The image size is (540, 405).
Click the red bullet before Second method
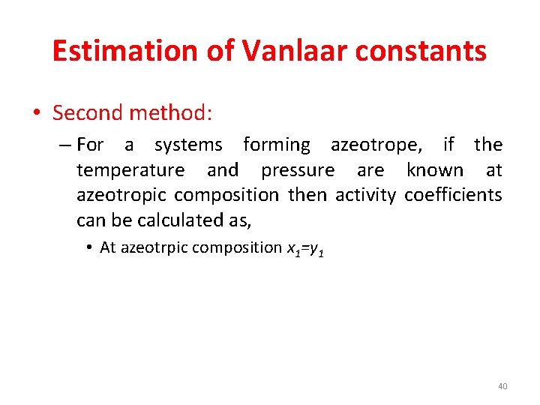tap(37, 114)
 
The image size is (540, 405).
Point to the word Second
tap(88, 113)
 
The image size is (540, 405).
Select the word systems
tap(188, 145)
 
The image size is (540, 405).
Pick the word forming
tap(276, 145)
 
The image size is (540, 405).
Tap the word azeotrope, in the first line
tap(376, 145)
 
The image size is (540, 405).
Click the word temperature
tap(130, 170)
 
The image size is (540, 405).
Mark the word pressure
tap(298, 170)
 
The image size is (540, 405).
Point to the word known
tap(434, 170)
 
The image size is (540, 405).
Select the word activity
tap(365, 195)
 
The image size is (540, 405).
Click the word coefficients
tap(453, 195)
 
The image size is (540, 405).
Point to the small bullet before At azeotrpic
tap(88, 247)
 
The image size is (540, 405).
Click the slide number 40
tap(502, 386)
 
